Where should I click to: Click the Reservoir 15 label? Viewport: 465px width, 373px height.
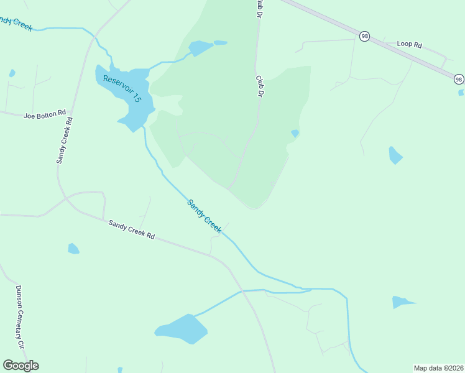click(x=123, y=89)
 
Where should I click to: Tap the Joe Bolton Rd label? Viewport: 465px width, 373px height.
click(x=45, y=115)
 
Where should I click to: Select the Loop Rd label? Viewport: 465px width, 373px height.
click(x=409, y=45)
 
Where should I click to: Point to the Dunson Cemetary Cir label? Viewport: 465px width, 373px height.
click(x=20, y=316)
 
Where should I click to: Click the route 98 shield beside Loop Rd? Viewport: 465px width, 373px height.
click(x=364, y=37)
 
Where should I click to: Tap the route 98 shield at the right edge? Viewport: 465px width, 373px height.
click(x=458, y=79)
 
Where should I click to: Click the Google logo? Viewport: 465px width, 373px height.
click(x=21, y=366)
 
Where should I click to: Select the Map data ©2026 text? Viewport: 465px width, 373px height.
click(x=438, y=367)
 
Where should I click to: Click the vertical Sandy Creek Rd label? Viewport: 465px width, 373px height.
click(x=63, y=139)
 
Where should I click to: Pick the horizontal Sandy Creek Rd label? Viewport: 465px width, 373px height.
click(x=131, y=229)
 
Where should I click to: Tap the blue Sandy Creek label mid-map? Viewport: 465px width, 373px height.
click(x=205, y=216)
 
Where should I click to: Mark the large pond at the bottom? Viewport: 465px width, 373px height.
click(x=182, y=329)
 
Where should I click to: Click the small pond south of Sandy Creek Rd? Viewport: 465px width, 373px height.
click(x=73, y=249)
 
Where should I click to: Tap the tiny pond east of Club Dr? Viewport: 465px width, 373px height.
click(x=295, y=133)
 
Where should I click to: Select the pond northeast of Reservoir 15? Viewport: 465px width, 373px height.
click(x=201, y=48)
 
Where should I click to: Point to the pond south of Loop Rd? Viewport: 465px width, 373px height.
click(x=395, y=155)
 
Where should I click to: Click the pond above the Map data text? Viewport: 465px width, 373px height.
click(x=401, y=302)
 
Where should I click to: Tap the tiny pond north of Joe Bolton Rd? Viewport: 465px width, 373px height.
click(x=12, y=73)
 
